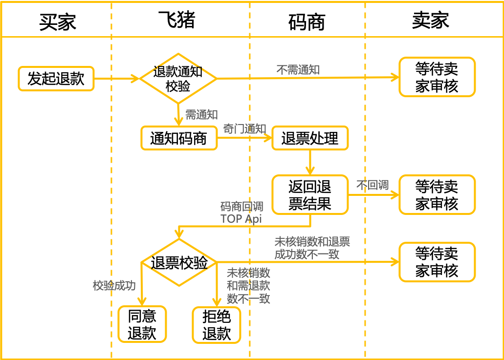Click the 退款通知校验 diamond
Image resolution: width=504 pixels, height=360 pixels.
[x=178, y=78]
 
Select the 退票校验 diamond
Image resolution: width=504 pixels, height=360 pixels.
[x=179, y=263]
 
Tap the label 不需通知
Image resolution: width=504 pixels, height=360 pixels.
[x=298, y=70]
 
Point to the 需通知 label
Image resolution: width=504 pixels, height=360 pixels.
[x=201, y=115]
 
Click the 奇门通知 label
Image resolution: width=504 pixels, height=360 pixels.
[x=244, y=129]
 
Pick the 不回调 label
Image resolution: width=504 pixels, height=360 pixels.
[x=372, y=185]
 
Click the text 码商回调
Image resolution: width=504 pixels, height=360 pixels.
[x=241, y=207]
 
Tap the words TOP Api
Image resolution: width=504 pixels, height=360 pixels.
[x=241, y=218]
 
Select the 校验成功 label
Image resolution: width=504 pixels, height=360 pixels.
[x=114, y=286]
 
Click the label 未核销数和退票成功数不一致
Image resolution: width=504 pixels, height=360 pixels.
[x=312, y=248]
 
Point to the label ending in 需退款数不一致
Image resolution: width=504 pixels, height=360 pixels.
[x=248, y=285]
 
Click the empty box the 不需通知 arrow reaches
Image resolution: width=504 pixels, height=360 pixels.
[x=437, y=77]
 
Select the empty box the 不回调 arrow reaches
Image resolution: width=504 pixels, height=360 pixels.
[x=437, y=195]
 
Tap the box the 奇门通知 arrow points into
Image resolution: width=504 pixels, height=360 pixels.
[x=310, y=138]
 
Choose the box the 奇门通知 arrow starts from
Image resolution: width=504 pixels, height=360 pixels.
[x=179, y=138]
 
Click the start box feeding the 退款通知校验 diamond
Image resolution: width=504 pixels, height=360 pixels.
[x=56, y=79]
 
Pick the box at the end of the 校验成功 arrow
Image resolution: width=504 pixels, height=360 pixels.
[x=142, y=324]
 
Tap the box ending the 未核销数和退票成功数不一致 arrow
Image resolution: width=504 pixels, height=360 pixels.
[x=437, y=262]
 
